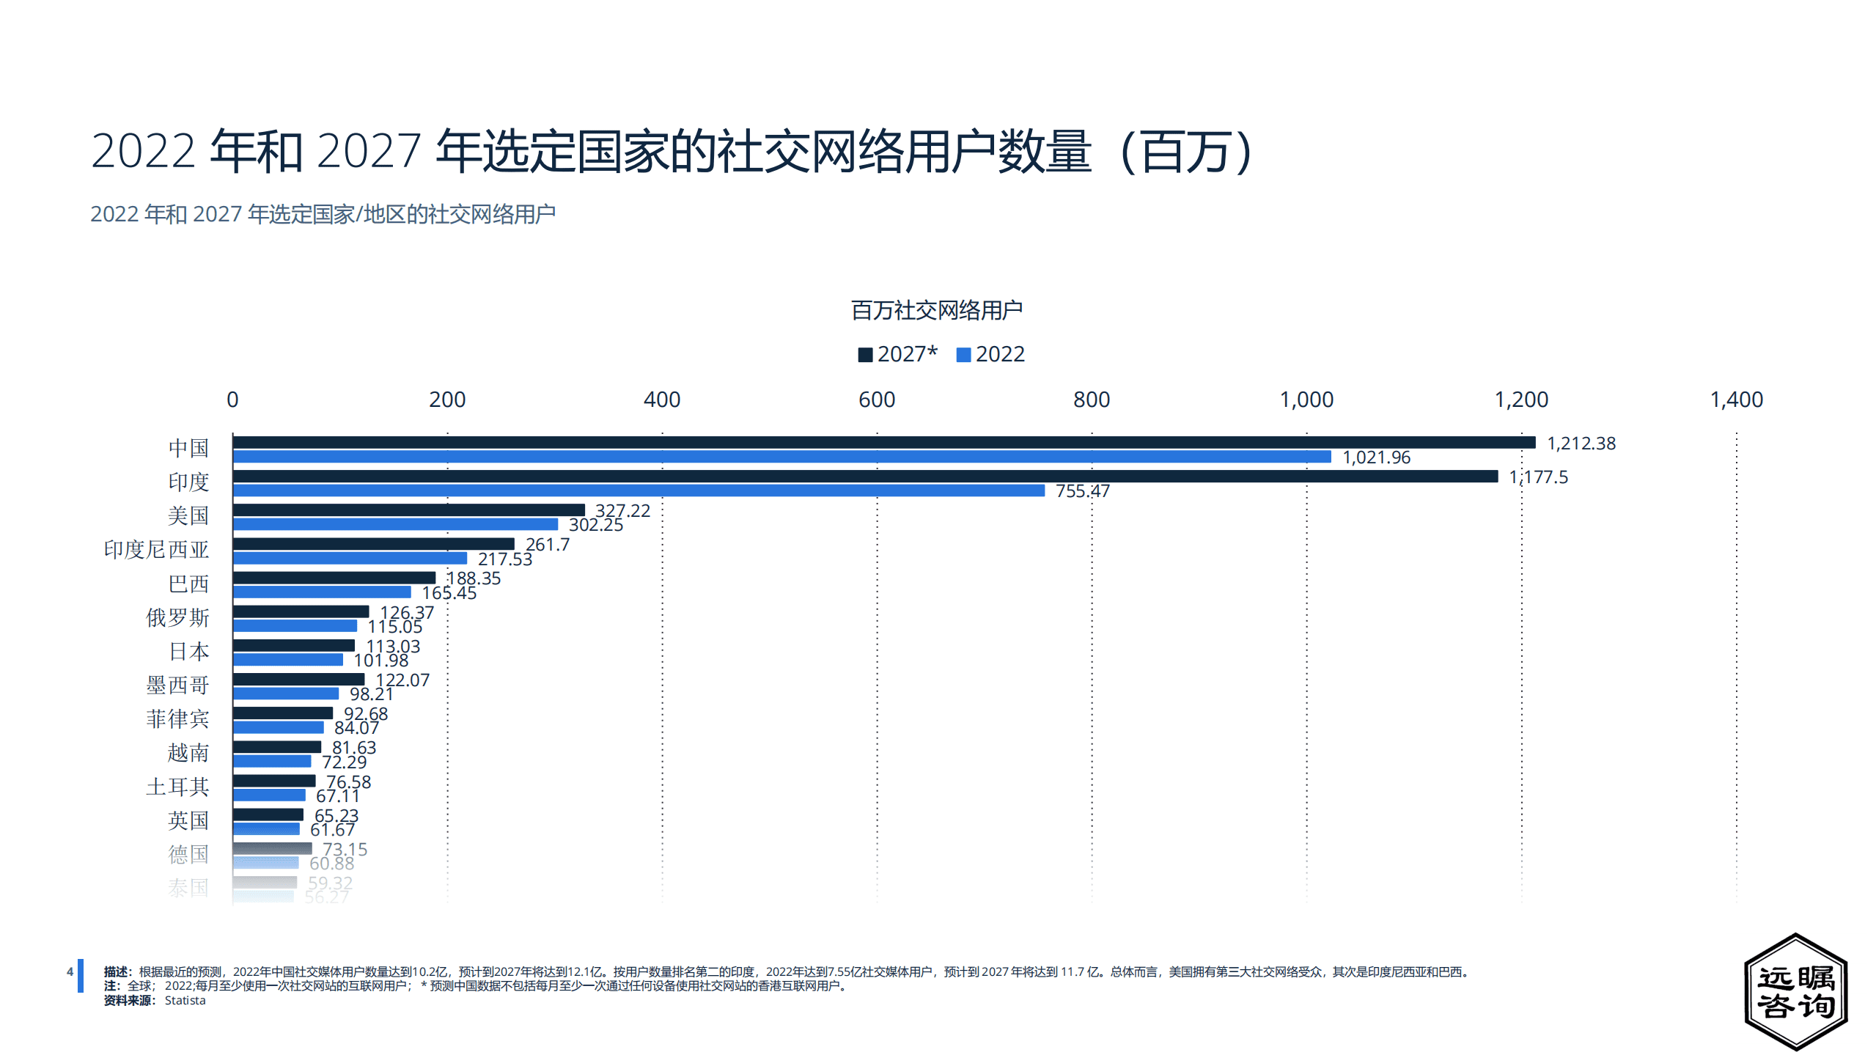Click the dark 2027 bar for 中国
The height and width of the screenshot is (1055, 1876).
(x=883, y=442)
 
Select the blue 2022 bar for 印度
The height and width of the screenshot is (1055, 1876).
(x=639, y=490)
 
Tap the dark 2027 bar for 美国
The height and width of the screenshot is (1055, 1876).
(x=409, y=510)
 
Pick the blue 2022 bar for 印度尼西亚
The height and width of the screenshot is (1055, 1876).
(x=350, y=559)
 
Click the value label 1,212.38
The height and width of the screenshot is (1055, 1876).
(x=1581, y=444)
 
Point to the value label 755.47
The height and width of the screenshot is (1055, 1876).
(x=1082, y=491)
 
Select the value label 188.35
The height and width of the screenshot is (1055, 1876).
(x=474, y=578)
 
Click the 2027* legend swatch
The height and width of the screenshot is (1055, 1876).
(x=865, y=355)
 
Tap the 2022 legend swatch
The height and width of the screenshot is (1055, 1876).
(x=963, y=355)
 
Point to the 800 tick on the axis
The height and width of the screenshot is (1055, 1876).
(x=1091, y=400)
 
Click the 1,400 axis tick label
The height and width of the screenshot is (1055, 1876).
(x=1736, y=400)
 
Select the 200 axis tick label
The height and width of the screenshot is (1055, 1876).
(x=447, y=400)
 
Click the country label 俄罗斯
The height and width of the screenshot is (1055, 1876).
(x=177, y=618)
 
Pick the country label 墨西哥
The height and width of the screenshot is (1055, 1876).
(x=177, y=685)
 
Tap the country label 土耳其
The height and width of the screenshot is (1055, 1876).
(x=177, y=787)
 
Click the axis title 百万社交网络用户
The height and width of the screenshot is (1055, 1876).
(x=936, y=311)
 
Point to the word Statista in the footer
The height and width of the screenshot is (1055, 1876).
(x=185, y=1001)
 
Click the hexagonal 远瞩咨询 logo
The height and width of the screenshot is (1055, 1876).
(x=1795, y=991)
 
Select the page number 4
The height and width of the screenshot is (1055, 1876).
(x=70, y=972)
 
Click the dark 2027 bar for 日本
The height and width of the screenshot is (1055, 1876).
(x=294, y=645)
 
